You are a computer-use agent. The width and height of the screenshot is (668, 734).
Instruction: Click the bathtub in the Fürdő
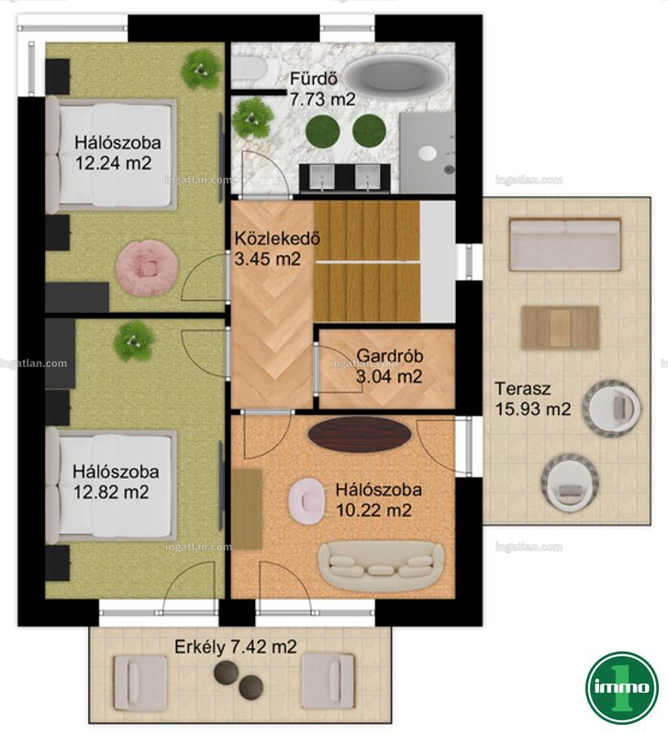point(398,76)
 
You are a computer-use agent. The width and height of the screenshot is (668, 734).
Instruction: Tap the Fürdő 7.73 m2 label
point(323,88)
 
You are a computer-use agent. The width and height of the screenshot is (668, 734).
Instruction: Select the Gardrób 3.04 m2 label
point(389,365)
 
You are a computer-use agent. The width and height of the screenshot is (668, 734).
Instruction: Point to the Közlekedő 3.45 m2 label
point(277,248)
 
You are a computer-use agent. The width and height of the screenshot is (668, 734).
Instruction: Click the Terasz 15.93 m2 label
point(533,398)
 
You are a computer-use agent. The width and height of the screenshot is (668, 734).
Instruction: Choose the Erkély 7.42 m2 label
point(236,647)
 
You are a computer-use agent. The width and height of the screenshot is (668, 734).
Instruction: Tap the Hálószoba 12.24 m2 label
point(117,152)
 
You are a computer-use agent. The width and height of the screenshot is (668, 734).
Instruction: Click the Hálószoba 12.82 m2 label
point(116,482)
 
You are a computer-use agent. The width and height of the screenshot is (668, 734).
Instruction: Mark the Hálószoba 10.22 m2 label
point(379,499)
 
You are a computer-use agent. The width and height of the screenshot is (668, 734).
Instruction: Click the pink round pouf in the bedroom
point(147,267)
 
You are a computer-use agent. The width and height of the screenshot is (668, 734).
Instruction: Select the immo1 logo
point(622,687)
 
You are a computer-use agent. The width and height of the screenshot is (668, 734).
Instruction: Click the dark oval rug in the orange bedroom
point(360,435)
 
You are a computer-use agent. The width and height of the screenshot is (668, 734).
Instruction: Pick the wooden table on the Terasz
point(560,328)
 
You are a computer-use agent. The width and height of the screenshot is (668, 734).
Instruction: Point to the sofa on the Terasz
point(565,244)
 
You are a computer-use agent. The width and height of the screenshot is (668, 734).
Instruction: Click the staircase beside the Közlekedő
point(367,261)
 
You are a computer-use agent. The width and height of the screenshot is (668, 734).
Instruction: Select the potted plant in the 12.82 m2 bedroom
point(134,340)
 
